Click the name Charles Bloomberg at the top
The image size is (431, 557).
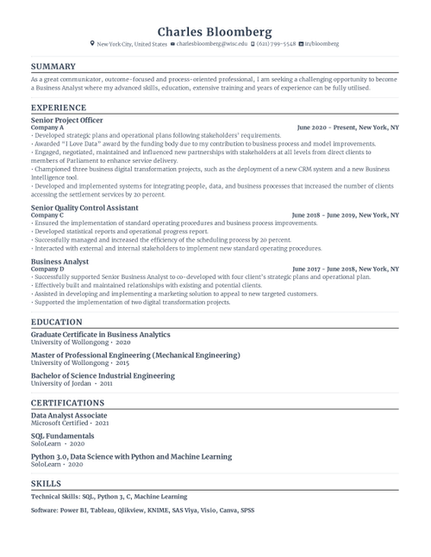[x=215, y=31]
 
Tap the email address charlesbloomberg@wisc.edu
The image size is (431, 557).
[x=212, y=43]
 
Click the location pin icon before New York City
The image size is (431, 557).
[x=92, y=43]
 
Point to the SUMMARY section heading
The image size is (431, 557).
[x=53, y=66]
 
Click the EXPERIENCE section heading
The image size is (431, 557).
[x=58, y=108]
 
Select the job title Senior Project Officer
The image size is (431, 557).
[x=66, y=121]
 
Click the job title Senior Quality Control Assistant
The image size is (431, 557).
[x=84, y=207]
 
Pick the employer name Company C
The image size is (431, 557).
[x=47, y=214]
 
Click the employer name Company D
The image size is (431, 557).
[x=47, y=269]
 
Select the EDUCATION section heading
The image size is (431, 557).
[x=56, y=322]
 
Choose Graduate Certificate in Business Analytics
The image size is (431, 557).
[x=100, y=334]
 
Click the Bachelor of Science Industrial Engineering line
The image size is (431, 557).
[x=103, y=375]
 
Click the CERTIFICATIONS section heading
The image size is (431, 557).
[x=67, y=403]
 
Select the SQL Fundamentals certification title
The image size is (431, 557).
[x=63, y=436]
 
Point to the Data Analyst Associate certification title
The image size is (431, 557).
[x=69, y=416]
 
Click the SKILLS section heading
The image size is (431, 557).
[x=46, y=485]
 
